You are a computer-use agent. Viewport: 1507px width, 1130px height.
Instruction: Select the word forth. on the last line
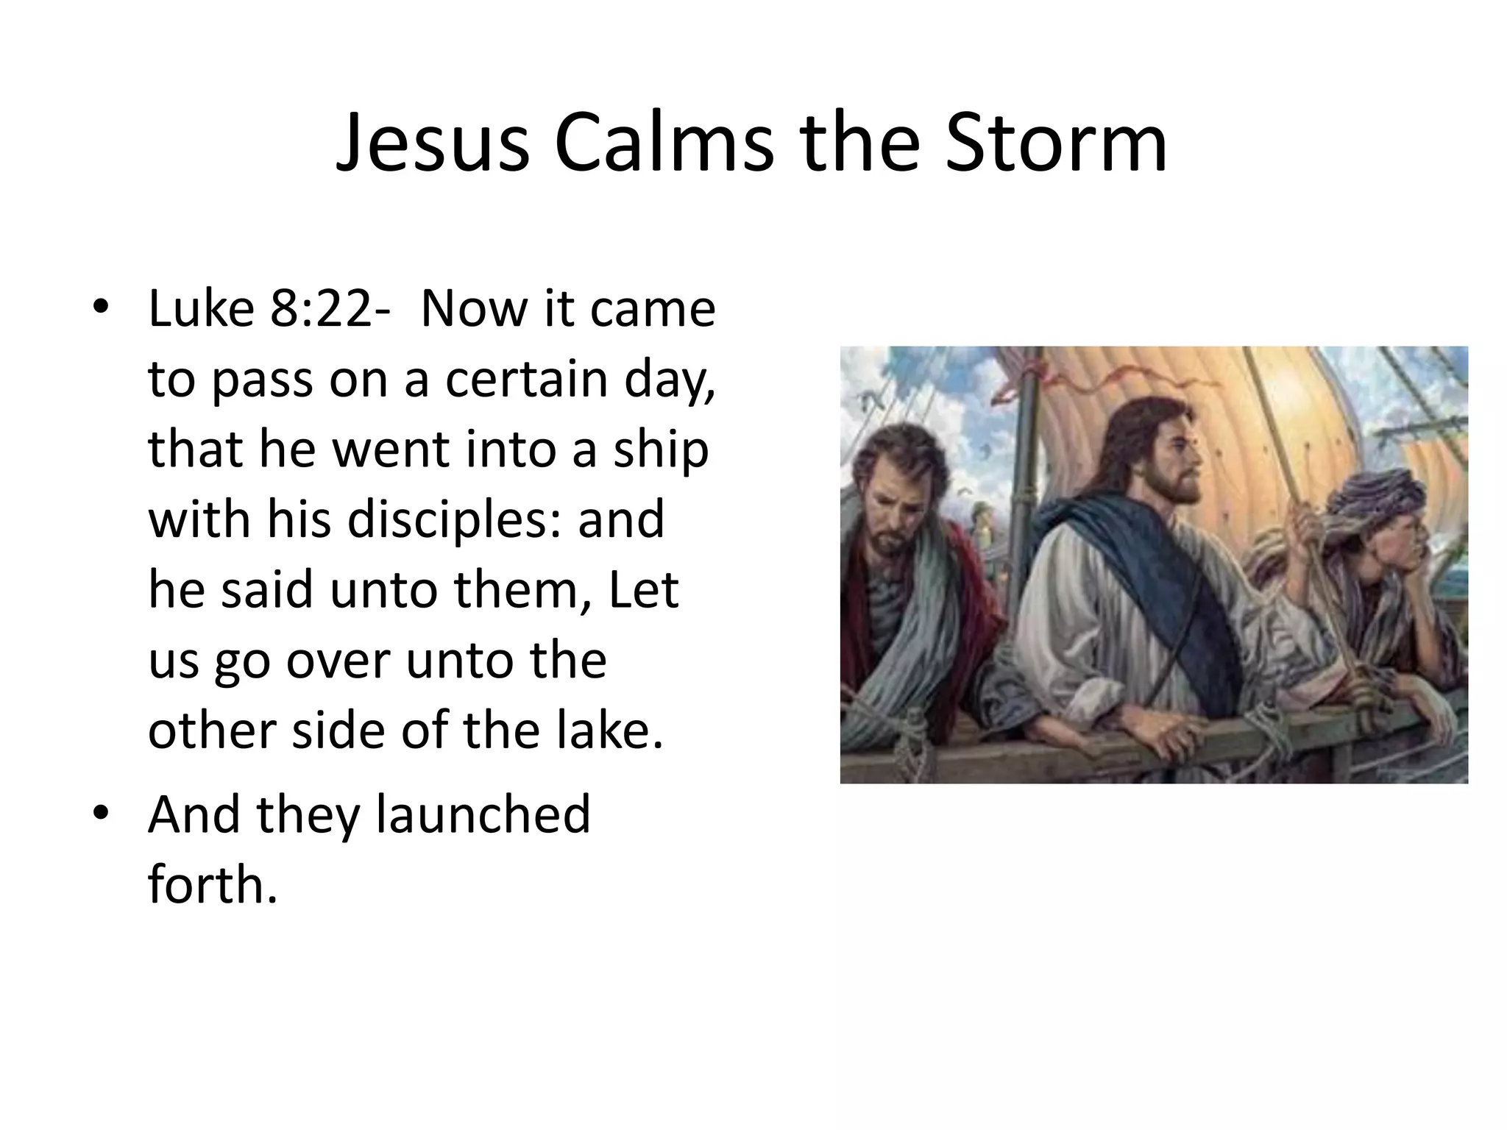pyautogui.click(x=213, y=884)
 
